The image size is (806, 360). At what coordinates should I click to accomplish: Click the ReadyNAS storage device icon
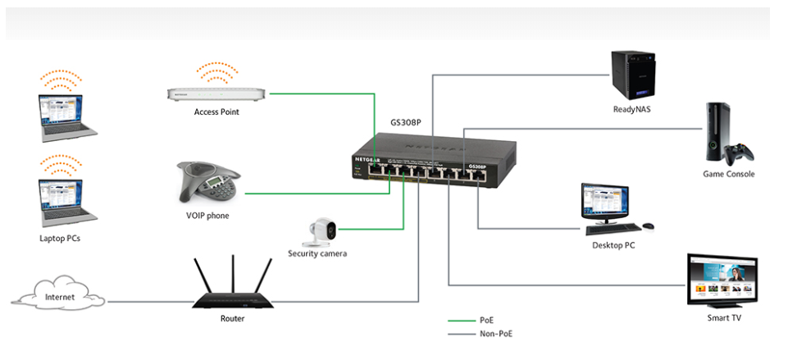(x=634, y=75)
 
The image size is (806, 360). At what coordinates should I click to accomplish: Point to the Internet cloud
(x=58, y=297)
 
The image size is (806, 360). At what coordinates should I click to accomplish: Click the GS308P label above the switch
(x=405, y=123)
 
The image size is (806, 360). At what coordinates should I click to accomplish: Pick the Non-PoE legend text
(x=496, y=334)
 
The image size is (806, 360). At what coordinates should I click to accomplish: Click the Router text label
(x=232, y=318)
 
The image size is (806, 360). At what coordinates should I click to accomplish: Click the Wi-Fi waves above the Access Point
(x=216, y=71)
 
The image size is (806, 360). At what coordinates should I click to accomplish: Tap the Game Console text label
(x=728, y=174)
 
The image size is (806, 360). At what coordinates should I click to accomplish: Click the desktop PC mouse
(x=648, y=226)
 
